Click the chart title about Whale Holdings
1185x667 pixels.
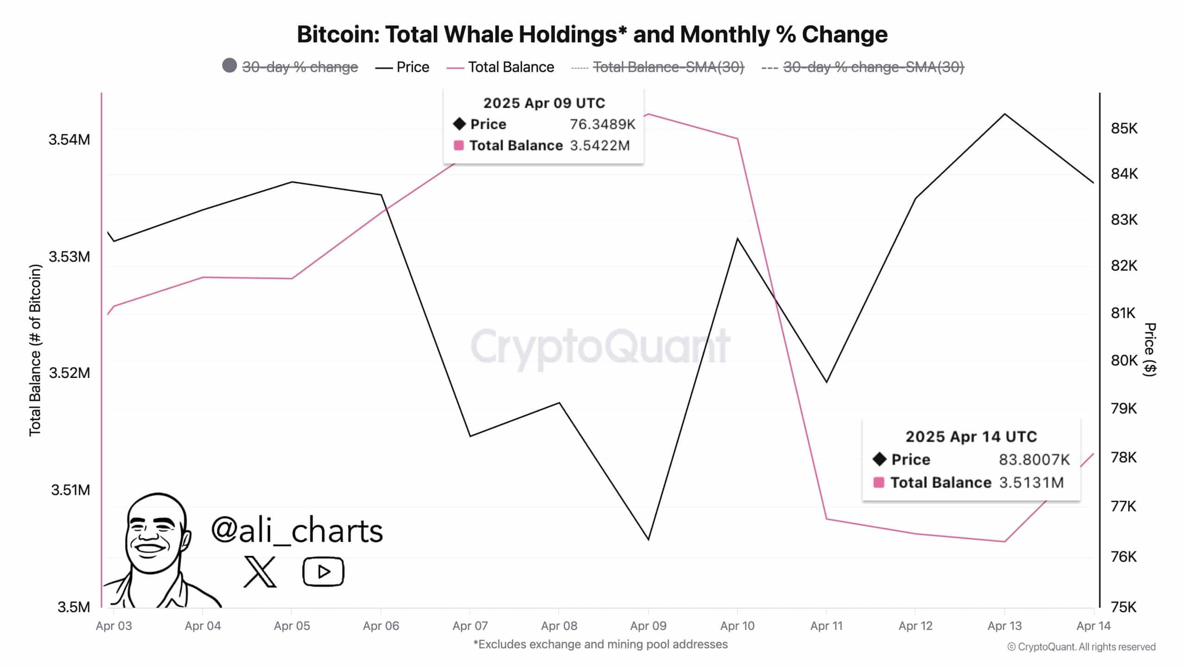592,34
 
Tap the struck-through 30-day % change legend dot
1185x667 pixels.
230,66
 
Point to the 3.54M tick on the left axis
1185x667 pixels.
69,139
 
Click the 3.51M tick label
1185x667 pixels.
70,490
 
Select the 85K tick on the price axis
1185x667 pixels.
1124,128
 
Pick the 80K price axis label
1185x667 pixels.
1124,360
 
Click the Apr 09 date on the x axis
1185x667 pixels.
648,626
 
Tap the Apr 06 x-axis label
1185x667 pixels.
381,626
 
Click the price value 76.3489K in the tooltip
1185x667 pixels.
602,124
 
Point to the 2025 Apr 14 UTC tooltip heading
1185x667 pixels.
971,436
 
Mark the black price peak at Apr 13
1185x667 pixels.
1004,114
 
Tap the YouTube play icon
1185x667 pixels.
323,572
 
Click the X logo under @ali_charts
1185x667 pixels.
260,572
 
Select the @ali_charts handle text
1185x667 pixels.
297,531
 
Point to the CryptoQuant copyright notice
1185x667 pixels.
1081,647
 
